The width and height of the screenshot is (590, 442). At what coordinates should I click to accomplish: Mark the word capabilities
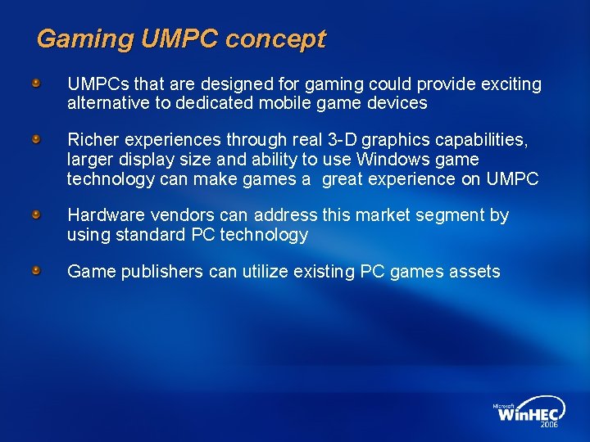(482, 140)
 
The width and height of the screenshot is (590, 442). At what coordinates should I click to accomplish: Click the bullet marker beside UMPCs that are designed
(37, 83)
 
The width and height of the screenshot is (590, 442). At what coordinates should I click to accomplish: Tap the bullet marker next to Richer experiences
(37, 140)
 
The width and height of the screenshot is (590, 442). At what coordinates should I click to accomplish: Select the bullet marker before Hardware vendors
(37, 214)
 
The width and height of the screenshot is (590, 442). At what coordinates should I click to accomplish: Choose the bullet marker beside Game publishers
(37, 271)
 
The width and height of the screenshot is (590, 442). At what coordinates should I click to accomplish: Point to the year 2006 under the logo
(550, 425)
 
